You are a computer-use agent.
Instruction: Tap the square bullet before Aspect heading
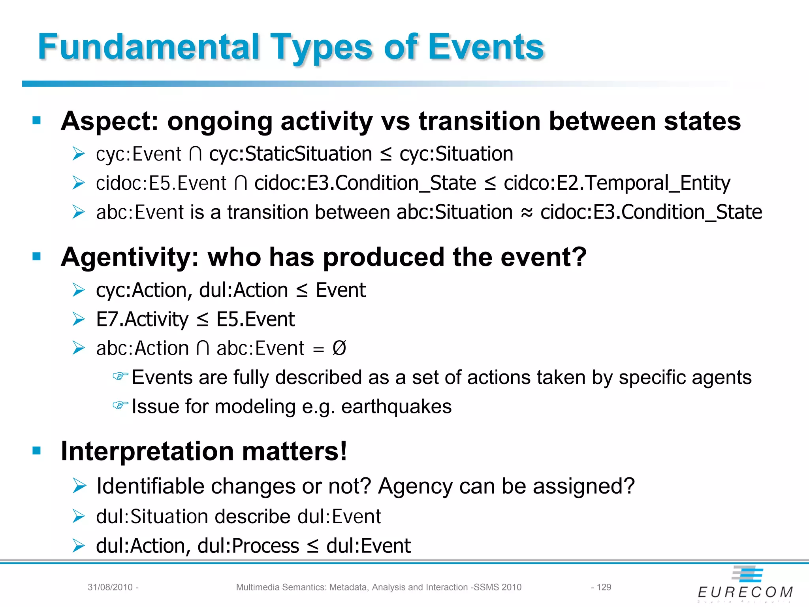point(37,120)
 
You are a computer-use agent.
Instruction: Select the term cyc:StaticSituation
point(290,154)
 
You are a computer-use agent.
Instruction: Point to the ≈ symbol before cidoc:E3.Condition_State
point(527,213)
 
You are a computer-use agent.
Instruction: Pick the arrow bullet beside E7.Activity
point(79,319)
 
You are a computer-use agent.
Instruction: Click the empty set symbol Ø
point(339,348)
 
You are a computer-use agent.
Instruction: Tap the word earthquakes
point(396,407)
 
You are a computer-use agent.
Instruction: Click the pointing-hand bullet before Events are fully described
point(120,376)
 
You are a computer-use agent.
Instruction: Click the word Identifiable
point(150,486)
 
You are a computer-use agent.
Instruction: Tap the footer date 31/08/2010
point(110,587)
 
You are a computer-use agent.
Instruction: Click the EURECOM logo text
point(745,592)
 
